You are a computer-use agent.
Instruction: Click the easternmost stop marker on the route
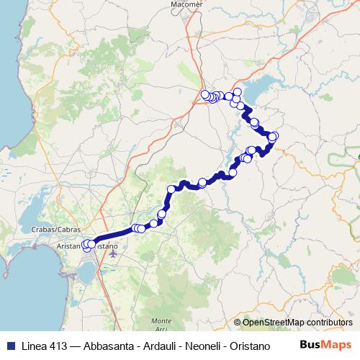point(274,136)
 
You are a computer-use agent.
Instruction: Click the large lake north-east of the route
point(259,86)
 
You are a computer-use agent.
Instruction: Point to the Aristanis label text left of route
point(70,246)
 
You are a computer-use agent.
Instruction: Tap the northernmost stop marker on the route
point(237,91)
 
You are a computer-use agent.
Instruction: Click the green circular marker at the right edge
point(358,155)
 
